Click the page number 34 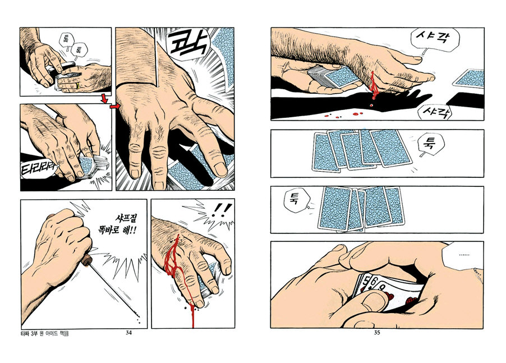click(128, 333)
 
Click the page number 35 click(377, 333)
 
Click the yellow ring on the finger click(78, 85)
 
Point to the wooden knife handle click(86, 260)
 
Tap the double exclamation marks click(220, 209)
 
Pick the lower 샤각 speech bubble click(435, 113)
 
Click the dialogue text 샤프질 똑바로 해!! click(117, 224)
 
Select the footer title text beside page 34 click(44, 333)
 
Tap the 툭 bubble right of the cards click(430, 145)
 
